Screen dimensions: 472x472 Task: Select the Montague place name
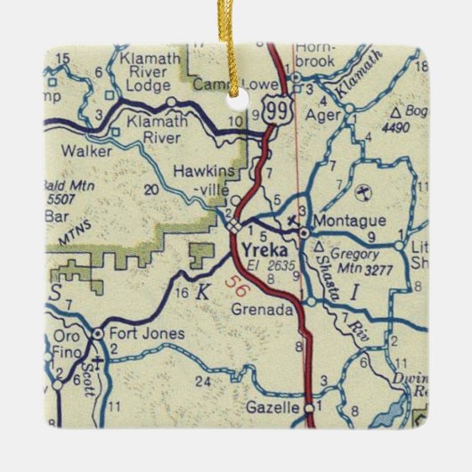tap(350, 220)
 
